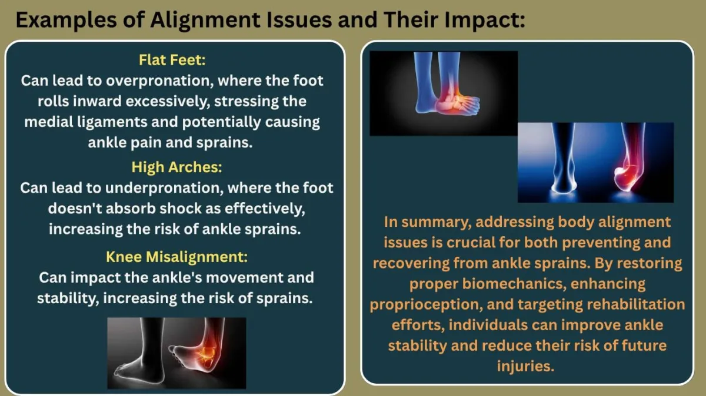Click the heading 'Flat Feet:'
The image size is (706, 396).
point(172,60)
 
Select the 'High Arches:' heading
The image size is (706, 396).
point(177,167)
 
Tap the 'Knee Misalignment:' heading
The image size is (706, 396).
point(177,257)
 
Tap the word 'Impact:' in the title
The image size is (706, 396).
point(485,20)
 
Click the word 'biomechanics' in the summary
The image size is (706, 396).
point(512,284)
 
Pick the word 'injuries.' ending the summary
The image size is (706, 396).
point(525,366)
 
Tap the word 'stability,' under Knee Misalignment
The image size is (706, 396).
point(68,298)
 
